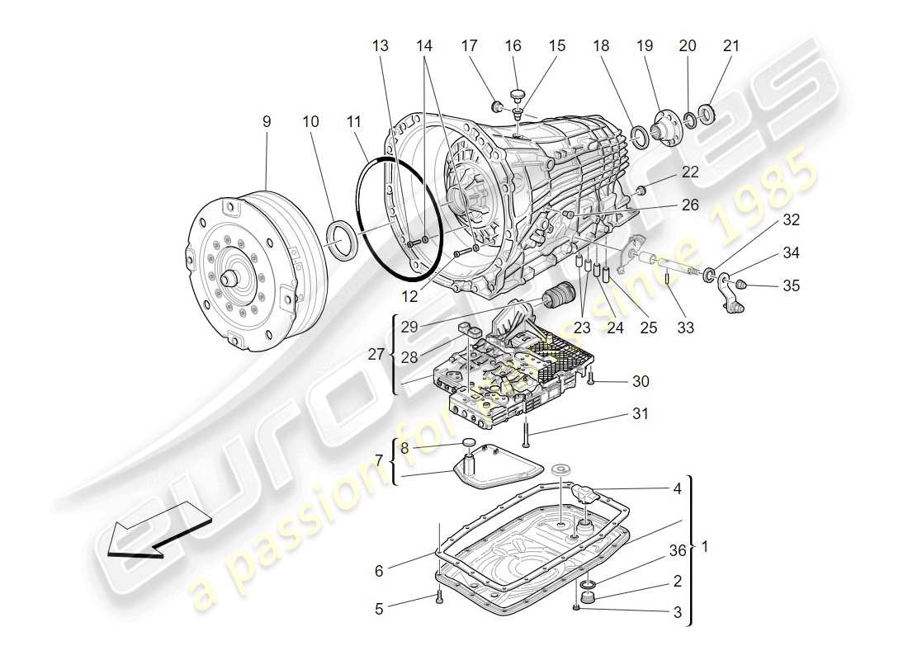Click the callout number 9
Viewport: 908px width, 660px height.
click(x=267, y=121)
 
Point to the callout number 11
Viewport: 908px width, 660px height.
click(x=355, y=121)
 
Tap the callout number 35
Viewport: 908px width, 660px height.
click(x=792, y=286)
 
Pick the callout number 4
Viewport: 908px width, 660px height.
click(x=677, y=488)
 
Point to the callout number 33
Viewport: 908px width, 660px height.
click(x=685, y=327)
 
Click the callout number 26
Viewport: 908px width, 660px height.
click(x=690, y=205)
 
